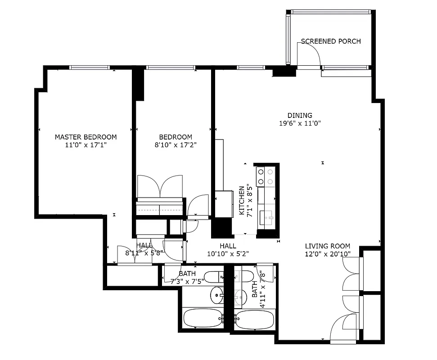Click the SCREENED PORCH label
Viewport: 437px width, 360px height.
coord(331,41)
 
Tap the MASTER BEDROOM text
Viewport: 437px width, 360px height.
coord(86,137)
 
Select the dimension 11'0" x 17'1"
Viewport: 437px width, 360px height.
coord(86,145)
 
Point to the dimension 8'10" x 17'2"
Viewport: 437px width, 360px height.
coord(176,145)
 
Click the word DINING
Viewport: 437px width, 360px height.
coord(300,115)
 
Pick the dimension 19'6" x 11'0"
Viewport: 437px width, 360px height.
coord(300,123)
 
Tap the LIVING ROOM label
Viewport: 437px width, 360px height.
coord(327,246)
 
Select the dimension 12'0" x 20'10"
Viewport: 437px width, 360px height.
coord(327,254)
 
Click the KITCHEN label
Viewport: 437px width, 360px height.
coord(242,200)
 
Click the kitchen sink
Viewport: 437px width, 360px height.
coord(268,218)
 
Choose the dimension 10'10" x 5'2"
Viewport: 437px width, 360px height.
coord(228,254)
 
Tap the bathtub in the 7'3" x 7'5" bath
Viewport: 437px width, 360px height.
coord(202,318)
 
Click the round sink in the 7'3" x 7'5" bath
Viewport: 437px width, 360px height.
coord(218,295)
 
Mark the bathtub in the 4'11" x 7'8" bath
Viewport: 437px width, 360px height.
coord(254,319)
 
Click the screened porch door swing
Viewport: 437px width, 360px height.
coord(310,54)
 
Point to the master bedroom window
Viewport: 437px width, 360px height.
coord(90,67)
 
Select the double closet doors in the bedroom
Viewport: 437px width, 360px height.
coord(160,187)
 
